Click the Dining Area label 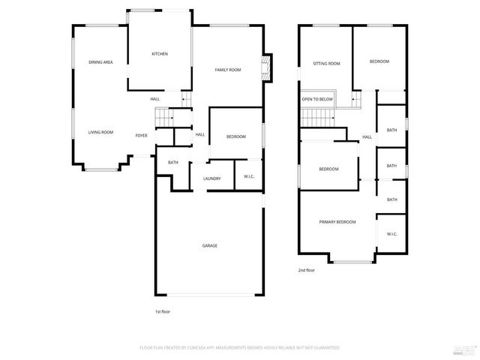(x=100, y=62)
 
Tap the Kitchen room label (x=160, y=54)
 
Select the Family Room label (x=228, y=70)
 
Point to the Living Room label (x=100, y=133)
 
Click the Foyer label (x=141, y=136)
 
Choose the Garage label (x=209, y=245)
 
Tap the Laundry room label (x=211, y=178)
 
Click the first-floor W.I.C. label (x=248, y=177)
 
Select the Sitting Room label (x=326, y=64)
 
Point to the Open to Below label (x=317, y=99)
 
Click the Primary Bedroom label (x=337, y=222)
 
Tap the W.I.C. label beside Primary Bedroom (x=391, y=234)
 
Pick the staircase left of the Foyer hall (x=163, y=117)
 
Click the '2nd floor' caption (x=306, y=270)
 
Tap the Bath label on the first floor (x=173, y=163)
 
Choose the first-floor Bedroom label (x=235, y=136)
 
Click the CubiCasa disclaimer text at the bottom (x=239, y=348)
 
